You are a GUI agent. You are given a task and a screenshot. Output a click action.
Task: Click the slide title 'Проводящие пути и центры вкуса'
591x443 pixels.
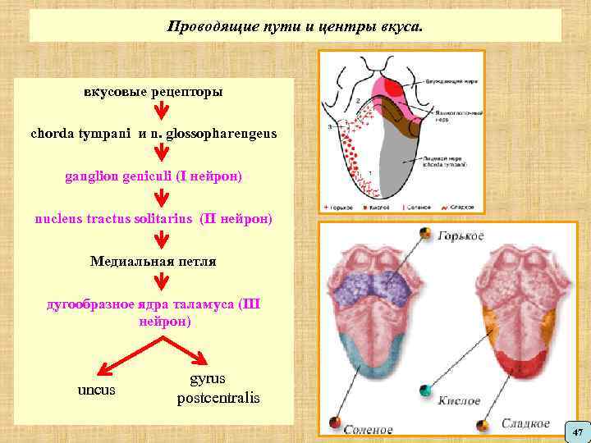pyautogui.click(x=295, y=26)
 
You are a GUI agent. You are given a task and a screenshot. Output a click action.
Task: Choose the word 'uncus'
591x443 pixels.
pyautogui.click(x=96, y=389)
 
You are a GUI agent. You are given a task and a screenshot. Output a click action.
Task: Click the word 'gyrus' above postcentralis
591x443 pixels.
pyautogui.click(x=208, y=379)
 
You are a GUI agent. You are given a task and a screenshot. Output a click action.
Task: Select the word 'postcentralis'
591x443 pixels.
pyautogui.click(x=218, y=399)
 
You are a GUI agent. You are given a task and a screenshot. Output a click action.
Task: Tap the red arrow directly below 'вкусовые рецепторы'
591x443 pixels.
pyautogui.click(x=162, y=111)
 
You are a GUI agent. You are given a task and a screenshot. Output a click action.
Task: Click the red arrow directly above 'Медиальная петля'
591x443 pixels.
pyautogui.click(x=162, y=240)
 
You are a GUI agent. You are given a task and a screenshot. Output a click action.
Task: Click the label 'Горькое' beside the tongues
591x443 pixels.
pyautogui.click(x=460, y=236)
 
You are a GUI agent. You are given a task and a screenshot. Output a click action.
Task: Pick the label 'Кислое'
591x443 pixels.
pyautogui.click(x=459, y=401)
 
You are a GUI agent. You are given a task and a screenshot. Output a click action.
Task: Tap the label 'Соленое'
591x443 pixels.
pyautogui.click(x=368, y=429)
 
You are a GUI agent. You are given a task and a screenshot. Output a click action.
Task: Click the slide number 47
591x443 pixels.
pyautogui.click(x=577, y=432)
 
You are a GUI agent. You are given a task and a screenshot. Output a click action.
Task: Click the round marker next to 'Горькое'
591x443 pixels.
pyautogui.click(x=425, y=235)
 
